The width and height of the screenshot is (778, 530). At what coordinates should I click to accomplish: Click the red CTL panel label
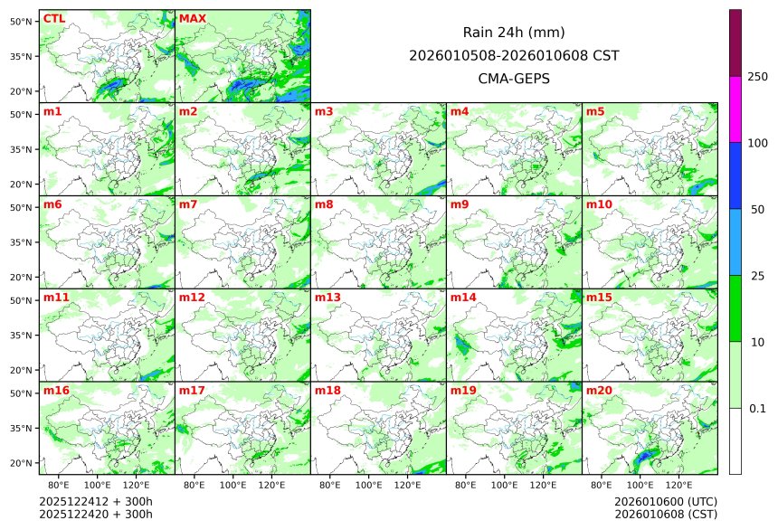coord(53,18)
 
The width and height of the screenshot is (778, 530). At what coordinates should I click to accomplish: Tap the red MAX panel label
coord(192,18)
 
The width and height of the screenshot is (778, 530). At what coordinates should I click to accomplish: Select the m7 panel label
coord(188,204)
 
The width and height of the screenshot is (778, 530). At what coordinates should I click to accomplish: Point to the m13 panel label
coord(327,297)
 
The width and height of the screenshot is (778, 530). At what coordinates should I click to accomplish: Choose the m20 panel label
coord(599,390)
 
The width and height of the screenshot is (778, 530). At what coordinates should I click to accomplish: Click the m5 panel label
coord(595,111)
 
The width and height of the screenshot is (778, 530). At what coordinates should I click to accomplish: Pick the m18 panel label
coord(327,390)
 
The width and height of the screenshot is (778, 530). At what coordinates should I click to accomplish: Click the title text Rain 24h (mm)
coord(514,32)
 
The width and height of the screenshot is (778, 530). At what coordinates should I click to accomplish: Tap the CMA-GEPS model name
coord(514,79)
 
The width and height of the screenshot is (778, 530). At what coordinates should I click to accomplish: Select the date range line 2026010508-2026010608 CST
coord(514,55)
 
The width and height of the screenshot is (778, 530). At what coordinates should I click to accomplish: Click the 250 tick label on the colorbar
coord(757,77)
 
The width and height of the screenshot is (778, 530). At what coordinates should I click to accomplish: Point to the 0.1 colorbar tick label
coord(757,408)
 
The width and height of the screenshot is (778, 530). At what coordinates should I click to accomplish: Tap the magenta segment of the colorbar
coord(735,109)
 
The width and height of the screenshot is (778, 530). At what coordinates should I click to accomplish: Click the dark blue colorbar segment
coord(735,175)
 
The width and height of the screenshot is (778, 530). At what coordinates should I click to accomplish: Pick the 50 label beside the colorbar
coord(757,209)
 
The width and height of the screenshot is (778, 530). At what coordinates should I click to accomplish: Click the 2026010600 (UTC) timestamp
coord(665,501)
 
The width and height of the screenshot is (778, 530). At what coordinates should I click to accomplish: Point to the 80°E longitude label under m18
coord(330,485)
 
